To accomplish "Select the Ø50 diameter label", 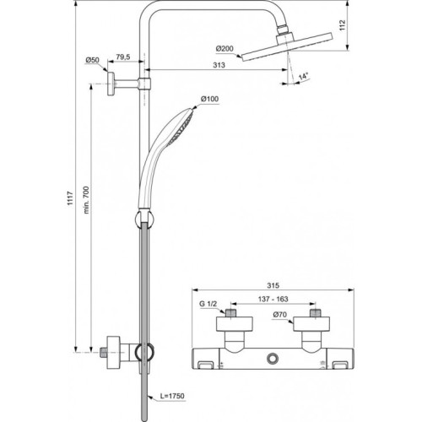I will coord(93,59).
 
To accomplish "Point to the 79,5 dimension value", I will coord(123,57).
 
